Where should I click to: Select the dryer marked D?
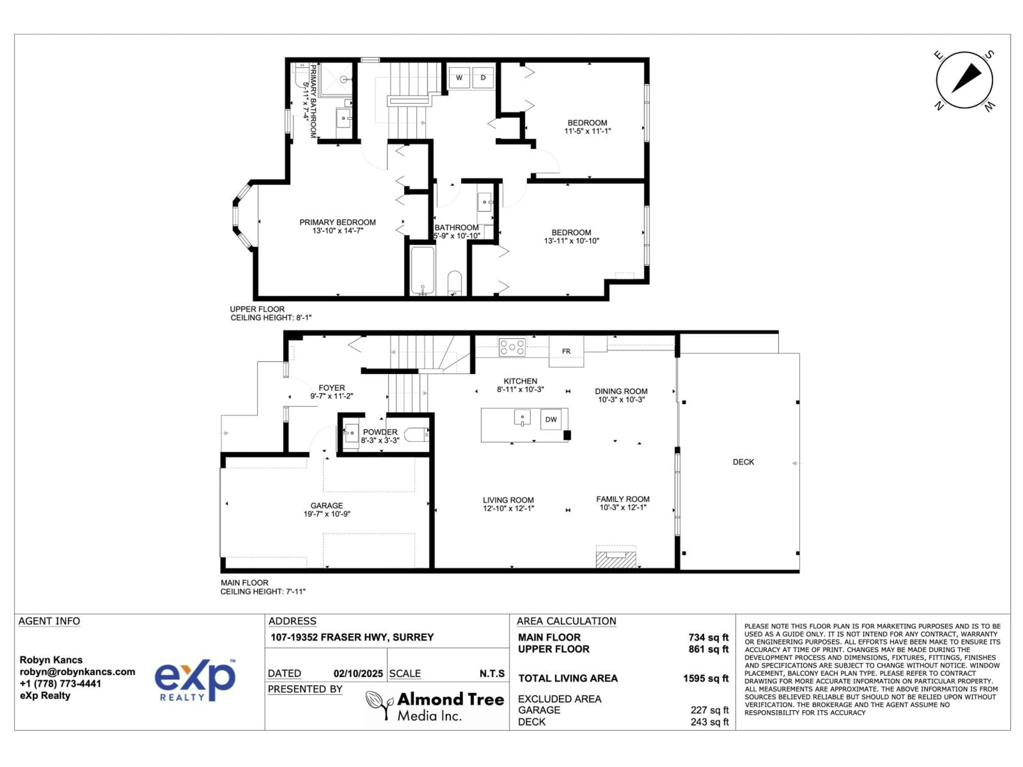[483, 78]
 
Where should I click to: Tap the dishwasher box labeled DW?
[551, 419]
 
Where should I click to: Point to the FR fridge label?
[566, 351]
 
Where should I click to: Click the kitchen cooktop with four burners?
[512, 347]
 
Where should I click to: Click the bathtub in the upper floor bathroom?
[422, 271]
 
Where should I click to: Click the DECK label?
[743, 462]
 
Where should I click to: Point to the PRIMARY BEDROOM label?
[338, 222]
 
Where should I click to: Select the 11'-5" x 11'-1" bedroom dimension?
[587, 131]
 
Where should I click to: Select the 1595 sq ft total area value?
[706, 678]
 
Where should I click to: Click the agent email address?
[77, 672]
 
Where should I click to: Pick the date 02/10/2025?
[358, 674]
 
